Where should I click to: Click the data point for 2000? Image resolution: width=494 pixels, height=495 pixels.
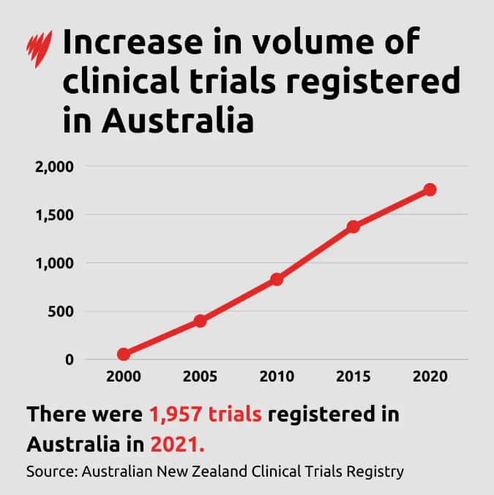click(x=123, y=354)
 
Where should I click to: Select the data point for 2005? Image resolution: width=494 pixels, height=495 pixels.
click(x=200, y=321)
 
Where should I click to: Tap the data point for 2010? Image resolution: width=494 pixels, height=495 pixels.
click(x=277, y=279)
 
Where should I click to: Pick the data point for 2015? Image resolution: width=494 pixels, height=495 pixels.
click(x=353, y=226)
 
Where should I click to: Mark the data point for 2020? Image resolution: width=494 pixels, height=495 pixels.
click(x=430, y=190)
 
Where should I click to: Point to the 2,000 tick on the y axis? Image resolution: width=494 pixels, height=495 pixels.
click(x=55, y=167)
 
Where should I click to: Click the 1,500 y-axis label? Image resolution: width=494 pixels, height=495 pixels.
click(x=55, y=215)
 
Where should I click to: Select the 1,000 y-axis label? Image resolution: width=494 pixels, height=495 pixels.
click(x=55, y=263)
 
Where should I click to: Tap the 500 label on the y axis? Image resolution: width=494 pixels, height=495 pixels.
click(x=61, y=311)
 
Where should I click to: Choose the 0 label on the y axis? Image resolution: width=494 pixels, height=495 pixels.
click(x=70, y=360)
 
